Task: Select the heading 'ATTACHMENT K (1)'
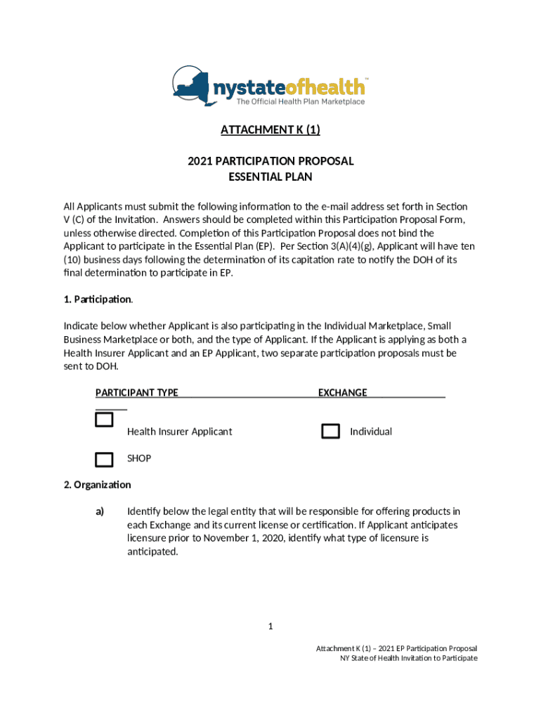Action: [270, 130]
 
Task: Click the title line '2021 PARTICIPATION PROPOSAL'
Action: [270, 161]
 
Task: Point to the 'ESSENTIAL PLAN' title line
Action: [270, 177]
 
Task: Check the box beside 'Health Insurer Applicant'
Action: [104, 420]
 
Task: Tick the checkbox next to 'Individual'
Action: [330, 432]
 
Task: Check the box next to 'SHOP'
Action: [104, 460]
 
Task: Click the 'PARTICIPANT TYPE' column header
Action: [137, 392]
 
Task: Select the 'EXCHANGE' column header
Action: [342, 392]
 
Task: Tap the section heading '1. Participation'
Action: [98, 300]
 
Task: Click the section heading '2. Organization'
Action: [97, 485]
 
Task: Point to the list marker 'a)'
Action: [100, 511]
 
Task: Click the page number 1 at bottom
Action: [270, 626]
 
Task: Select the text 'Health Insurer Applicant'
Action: [179, 432]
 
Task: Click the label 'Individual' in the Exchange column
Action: [371, 432]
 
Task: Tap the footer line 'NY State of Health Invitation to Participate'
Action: [408, 658]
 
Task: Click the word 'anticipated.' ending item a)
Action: [152, 552]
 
